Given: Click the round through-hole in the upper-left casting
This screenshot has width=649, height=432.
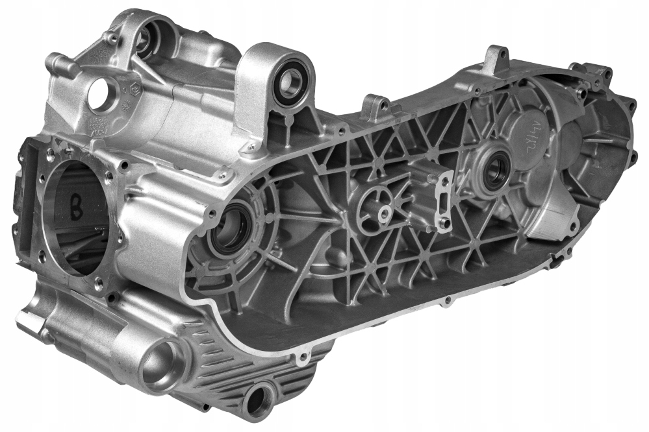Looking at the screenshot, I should (x=99, y=95).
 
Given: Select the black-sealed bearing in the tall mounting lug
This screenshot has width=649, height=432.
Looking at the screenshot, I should (x=290, y=84).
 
